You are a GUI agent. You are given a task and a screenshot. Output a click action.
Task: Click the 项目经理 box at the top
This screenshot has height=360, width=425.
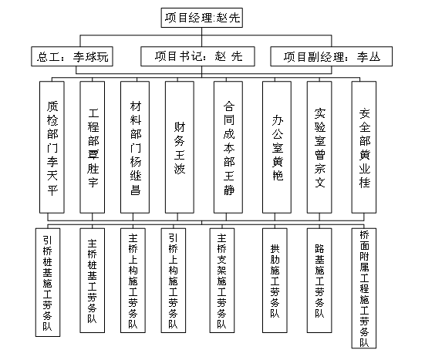201,18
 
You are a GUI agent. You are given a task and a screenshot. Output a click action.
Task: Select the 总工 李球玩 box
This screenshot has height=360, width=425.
72,56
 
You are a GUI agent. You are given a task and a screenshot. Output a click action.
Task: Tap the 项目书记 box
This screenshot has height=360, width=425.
197,56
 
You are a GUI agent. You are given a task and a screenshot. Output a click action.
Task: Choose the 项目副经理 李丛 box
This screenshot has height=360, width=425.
331,56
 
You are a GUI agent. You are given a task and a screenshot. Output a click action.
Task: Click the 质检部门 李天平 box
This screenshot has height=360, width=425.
52,147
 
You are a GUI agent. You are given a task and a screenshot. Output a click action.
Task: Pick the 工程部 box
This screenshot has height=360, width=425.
92,147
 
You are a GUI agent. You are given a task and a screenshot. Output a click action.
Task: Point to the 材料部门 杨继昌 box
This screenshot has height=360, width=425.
135,147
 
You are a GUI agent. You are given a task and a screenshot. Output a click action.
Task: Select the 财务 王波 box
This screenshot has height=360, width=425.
180,147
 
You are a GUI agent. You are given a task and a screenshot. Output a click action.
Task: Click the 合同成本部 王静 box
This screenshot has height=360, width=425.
228,147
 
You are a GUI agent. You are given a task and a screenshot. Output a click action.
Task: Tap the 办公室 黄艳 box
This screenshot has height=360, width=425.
277,147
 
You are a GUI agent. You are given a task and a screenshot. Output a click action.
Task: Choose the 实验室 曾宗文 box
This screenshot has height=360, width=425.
319,147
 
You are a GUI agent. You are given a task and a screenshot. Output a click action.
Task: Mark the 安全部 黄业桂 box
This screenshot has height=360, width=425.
364,147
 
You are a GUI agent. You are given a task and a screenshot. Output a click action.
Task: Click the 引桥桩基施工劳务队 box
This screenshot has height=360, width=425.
48,282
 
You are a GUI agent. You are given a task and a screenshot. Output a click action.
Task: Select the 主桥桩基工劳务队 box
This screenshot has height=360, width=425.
92,281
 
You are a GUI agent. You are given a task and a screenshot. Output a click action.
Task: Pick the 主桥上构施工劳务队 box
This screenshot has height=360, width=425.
133,281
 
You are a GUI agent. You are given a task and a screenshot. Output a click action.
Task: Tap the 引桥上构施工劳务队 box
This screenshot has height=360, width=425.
174,281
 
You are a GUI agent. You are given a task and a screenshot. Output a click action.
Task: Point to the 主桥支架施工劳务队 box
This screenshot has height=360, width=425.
222,281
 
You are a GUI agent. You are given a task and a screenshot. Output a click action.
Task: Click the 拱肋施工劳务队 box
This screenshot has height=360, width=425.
275,281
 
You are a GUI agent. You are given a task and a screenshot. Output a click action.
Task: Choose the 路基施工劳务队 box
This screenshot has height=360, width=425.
319,281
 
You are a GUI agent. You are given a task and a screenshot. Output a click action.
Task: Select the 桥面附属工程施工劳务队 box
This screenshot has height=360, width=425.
364,288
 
